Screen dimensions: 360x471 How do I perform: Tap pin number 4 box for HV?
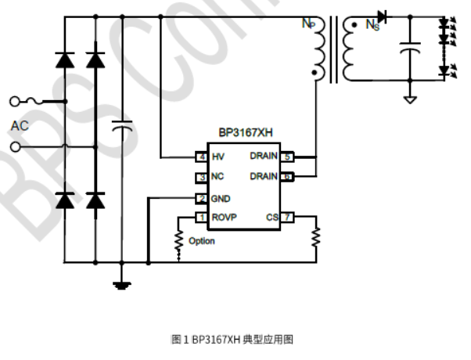(201, 157)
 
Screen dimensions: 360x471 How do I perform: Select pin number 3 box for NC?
(201, 177)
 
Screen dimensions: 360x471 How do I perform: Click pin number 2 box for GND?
(201, 198)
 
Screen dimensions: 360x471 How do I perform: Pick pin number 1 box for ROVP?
(201, 217)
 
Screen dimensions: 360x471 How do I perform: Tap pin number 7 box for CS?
(287, 217)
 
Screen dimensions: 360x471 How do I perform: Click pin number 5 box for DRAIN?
(287, 157)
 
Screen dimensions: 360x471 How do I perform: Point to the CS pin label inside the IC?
(271, 217)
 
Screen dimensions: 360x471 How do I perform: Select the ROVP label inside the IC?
(224, 217)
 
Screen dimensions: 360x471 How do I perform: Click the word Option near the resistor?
(202, 241)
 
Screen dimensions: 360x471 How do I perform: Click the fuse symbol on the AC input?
(35, 101)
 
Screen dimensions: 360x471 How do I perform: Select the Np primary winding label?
(308, 23)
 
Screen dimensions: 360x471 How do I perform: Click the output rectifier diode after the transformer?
(382, 16)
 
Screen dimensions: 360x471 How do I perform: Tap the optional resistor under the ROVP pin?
(178, 241)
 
